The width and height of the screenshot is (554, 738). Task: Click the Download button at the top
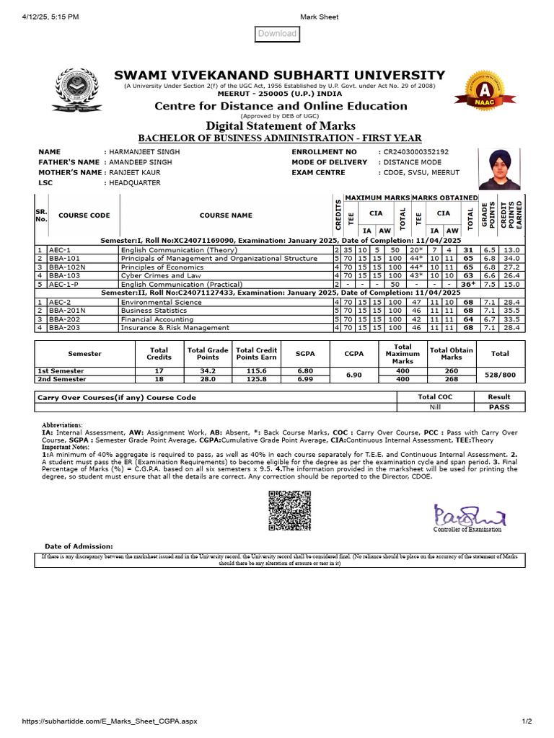coord(277,34)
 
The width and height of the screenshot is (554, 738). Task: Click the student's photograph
coord(499,167)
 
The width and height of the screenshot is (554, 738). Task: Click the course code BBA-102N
coord(66,267)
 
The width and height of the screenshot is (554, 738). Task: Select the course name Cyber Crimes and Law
coord(161,275)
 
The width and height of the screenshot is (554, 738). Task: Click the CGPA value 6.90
coord(353,375)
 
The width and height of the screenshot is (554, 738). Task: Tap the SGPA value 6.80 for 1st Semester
coord(305,370)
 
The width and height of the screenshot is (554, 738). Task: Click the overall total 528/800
coord(500,375)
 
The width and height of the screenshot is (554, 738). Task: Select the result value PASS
coord(498,407)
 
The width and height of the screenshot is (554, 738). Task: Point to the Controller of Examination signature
coord(470,515)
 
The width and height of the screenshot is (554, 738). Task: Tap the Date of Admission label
coord(79,546)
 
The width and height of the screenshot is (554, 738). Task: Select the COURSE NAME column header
coord(226,215)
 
